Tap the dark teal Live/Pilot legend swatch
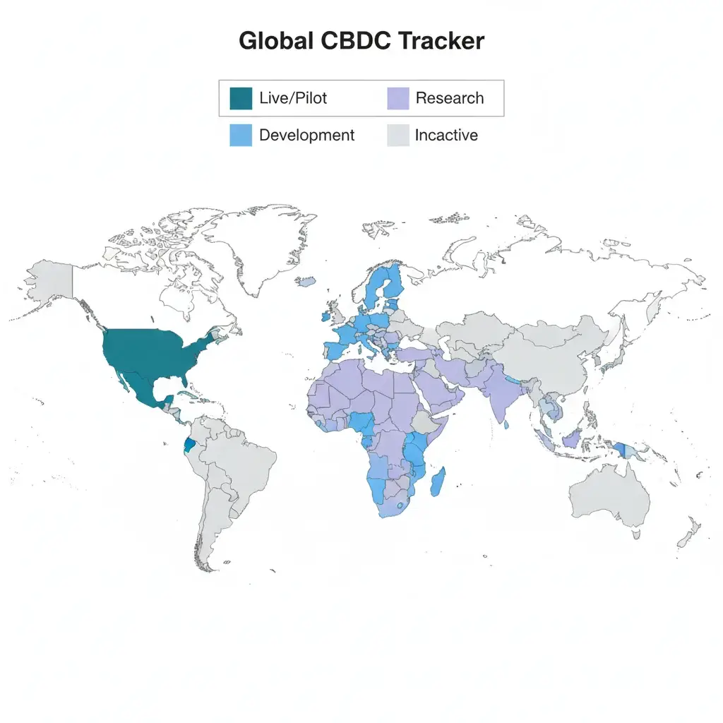tap(241, 98)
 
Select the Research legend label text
tap(450, 98)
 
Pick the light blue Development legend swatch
tap(241, 135)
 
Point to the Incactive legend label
tap(446, 135)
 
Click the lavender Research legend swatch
tap(398, 98)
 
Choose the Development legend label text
tap(306, 135)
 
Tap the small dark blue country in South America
tap(189, 446)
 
